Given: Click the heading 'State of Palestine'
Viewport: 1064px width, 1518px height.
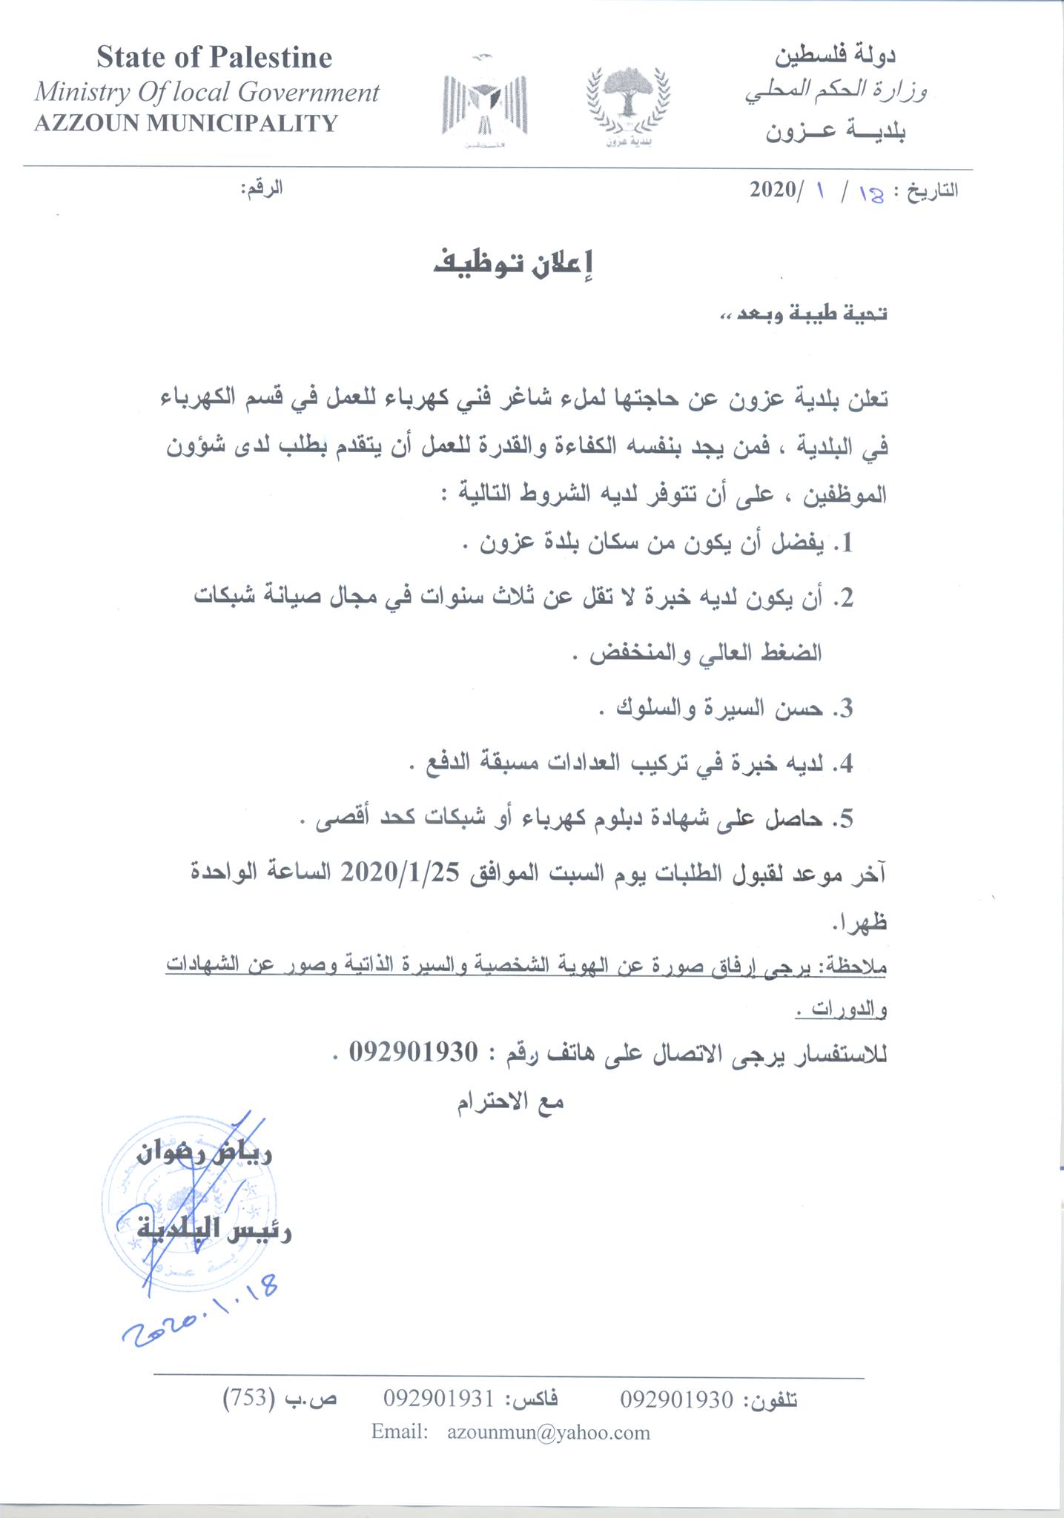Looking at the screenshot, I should point(214,58).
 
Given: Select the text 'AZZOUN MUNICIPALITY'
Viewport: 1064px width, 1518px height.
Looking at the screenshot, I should point(186,123).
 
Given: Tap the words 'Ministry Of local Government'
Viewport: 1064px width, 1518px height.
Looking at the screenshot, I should point(207,92).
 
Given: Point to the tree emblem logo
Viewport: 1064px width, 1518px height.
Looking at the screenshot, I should point(628,104).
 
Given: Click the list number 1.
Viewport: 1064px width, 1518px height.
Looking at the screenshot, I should point(844,545).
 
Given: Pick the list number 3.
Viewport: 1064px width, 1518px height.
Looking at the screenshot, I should point(844,709).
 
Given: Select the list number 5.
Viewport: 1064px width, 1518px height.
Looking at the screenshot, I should point(844,819).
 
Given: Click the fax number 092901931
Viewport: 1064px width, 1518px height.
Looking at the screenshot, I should point(438,1399).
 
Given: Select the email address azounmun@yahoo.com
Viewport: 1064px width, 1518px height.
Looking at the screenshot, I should point(549,1432).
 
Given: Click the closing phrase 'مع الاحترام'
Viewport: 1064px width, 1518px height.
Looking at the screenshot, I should point(510,1102).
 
